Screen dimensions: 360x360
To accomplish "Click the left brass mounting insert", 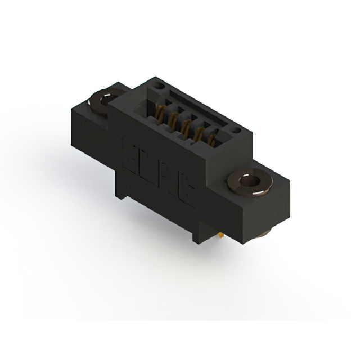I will [x=102, y=100].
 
